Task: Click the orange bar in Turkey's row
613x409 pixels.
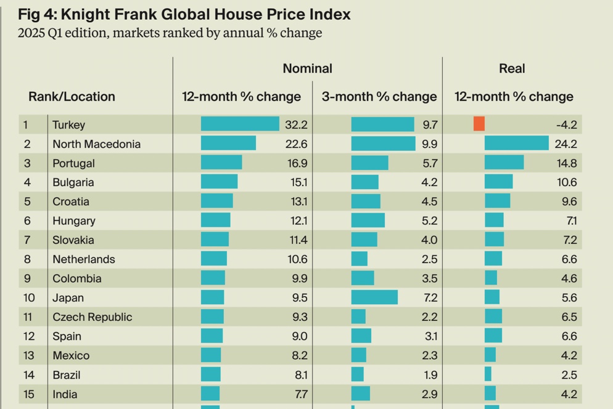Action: [x=479, y=124]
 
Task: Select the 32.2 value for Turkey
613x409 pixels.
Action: [x=296, y=125]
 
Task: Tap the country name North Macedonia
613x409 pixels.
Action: [x=96, y=144]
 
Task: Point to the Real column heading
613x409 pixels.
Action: [x=512, y=69]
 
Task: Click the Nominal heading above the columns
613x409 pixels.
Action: [x=307, y=69]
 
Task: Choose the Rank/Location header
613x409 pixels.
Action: [x=72, y=97]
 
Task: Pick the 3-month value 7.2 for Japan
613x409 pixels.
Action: [x=430, y=298]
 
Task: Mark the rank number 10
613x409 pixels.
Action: [x=29, y=298]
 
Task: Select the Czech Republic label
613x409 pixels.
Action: [x=92, y=317]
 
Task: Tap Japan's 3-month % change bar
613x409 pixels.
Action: [x=374, y=298]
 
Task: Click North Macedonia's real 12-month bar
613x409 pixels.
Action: [x=516, y=144]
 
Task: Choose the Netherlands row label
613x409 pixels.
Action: [x=83, y=259]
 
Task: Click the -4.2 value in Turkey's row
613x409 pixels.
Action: [x=566, y=125]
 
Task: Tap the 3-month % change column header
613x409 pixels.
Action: [x=379, y=97]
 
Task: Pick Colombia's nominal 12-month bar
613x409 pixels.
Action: [x=213, y=278]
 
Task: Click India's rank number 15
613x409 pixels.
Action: [x=28, y=394]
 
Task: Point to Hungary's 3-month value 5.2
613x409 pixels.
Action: [x=430, y=221]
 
